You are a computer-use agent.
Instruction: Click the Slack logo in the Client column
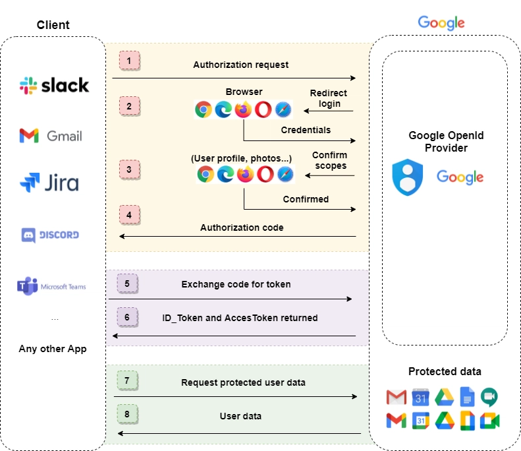coord(53,85)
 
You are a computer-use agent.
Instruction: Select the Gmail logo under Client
coord(51,136)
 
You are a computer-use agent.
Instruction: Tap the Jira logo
coord(49,182)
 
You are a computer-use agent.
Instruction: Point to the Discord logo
coord(51,234)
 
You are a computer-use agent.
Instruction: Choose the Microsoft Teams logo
coord(51,286)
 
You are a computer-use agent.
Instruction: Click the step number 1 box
coord(129,61)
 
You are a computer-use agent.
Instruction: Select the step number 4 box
coord(129,215)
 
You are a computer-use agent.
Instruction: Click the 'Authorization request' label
coord(240,65)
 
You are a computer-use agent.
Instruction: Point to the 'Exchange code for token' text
coord(236,284)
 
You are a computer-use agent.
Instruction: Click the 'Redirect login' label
coord(329,98)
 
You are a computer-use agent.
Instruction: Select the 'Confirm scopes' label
coord(329,160)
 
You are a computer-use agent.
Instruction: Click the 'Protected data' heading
coord(445,371)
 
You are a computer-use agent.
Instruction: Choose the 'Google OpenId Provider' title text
coord(446,142)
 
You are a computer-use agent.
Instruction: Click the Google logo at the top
coord(441,22)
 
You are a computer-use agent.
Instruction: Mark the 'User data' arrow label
coord(240,416)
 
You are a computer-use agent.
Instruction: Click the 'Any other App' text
coord(53,349)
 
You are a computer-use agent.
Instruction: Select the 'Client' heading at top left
coord(53,25)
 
